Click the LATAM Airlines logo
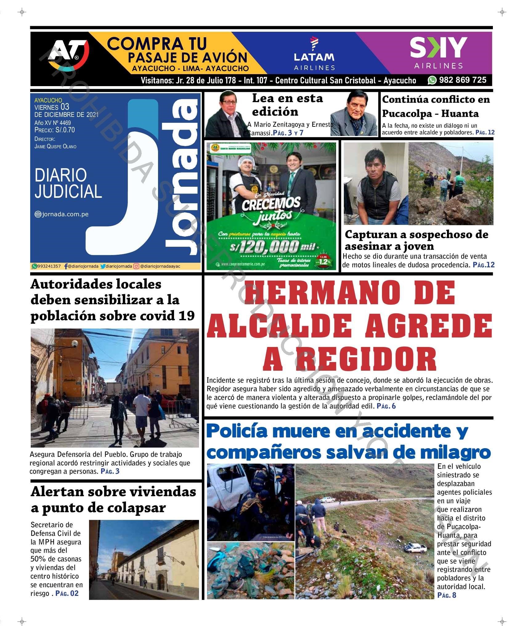314,54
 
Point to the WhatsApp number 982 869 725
462,80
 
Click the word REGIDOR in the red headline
350,359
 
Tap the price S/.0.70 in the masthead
65,130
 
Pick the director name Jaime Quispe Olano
55,146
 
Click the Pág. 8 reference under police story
447,595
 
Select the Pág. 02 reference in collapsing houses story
67,593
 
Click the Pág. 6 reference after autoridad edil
386,406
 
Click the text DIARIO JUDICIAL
68,183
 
